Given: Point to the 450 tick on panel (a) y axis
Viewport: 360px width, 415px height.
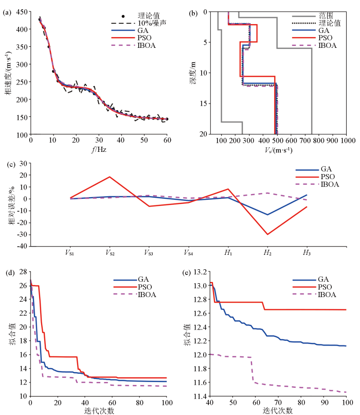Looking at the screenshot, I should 23,11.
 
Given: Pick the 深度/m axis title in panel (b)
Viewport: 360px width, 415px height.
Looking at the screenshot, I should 193,73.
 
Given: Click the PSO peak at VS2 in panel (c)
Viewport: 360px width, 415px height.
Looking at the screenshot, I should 110,177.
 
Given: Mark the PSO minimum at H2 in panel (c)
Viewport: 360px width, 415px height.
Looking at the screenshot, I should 267,234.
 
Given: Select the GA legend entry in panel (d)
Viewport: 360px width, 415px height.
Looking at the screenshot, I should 143,280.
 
